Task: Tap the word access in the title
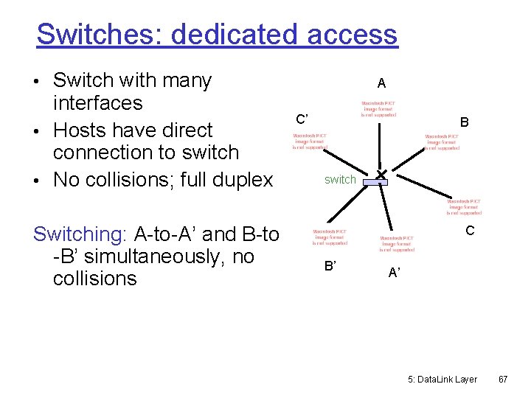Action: pyautogui.click(x=353, y=34)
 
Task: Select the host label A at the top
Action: pyautogui.click(x=381, y=83)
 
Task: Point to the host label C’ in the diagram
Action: pyautogui.click(x=302, y=119)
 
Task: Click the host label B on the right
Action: pyautogui.click(x=464, y=122)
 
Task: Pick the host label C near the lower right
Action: pyautogui.click(x=469, y=231)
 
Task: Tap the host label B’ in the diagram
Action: pyautogui.click(x=330, y=266)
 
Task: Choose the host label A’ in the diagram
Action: pyautogui.click(x=395, y=273)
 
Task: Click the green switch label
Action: pyautogui.click(x=340, y=179)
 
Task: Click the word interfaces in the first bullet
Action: pyautogui.click(x=98, y=102)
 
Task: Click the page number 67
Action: pyautogui.click(x=503, y=379)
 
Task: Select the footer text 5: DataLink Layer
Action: pyautogui.click(x=442, y=379)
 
